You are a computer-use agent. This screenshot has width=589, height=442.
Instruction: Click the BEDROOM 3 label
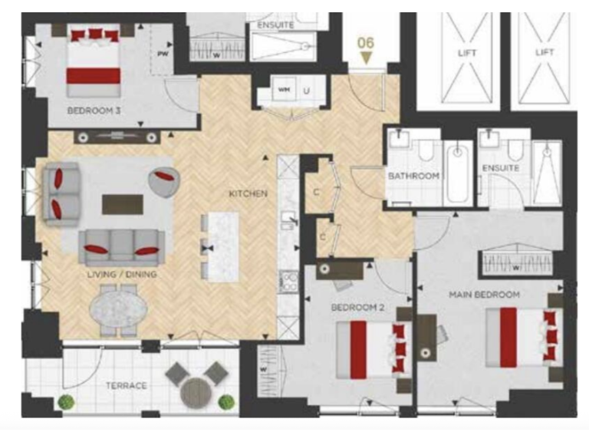point(94,110)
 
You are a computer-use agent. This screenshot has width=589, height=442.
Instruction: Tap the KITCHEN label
point(247,193)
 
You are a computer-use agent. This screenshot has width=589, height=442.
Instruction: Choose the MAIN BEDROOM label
point(485,295)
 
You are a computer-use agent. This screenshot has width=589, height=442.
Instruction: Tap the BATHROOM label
point(413,176)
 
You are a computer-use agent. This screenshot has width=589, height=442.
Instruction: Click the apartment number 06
point(367,44)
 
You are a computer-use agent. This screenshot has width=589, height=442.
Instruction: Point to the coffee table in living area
point(123,204)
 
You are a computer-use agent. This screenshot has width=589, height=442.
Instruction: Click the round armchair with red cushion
point(163,181)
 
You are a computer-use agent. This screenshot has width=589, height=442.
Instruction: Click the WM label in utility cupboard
point(284,91)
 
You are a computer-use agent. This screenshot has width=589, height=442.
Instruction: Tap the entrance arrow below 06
point(367,58)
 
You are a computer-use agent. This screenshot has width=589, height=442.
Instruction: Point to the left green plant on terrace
point(67,401)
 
